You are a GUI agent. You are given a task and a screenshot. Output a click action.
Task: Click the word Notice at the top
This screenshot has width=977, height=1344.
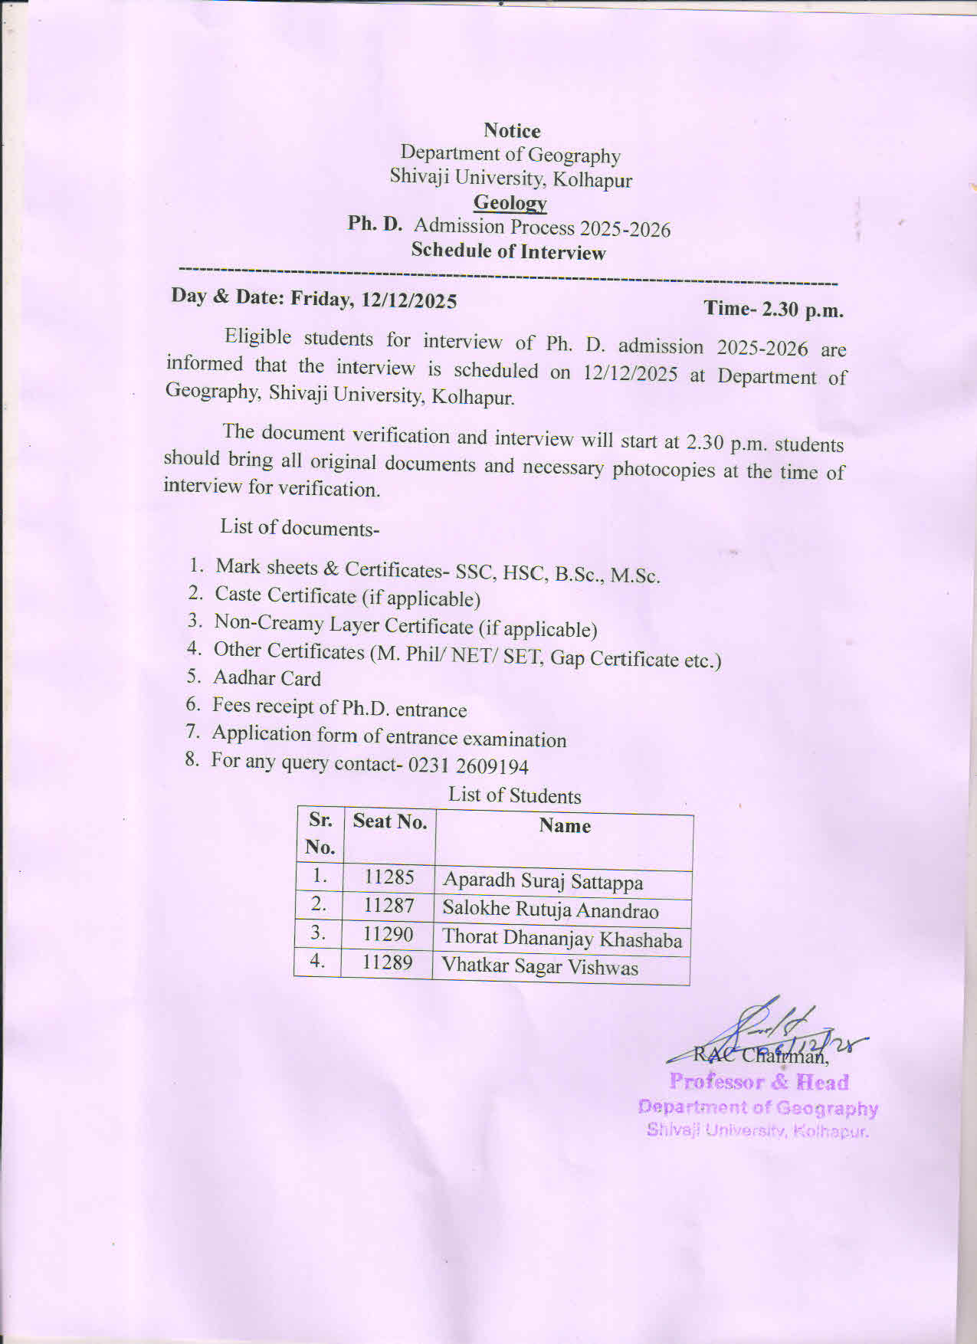(512, 131)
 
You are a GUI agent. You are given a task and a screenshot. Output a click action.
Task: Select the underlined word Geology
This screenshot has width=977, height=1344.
(510, 202)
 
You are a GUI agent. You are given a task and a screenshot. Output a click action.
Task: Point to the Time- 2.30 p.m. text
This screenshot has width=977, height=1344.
(773, 309)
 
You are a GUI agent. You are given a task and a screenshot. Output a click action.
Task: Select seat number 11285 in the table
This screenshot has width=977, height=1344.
(389, 877)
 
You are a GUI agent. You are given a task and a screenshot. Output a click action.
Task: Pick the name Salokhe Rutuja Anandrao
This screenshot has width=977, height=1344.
(550, 910)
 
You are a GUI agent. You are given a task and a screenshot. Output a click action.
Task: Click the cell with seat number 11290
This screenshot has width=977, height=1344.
(388, 934)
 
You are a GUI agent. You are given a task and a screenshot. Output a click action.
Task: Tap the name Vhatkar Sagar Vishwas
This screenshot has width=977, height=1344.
(539, 966)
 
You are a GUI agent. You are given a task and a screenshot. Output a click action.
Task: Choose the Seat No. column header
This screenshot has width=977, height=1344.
(389, 822)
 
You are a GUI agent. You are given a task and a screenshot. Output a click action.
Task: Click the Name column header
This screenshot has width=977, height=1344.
(564, 826)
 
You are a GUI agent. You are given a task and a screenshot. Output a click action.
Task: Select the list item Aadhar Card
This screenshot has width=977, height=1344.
(267, 678)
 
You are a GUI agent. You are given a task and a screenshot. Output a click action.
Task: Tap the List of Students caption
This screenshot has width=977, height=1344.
(514, 795)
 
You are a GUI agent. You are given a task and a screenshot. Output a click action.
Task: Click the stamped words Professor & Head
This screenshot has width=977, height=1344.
(759, 1082)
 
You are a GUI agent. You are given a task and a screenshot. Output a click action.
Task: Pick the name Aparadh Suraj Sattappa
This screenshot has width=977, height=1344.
(543, 880)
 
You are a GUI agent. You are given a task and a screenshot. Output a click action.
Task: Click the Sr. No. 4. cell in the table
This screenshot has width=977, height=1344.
(318, 961)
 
